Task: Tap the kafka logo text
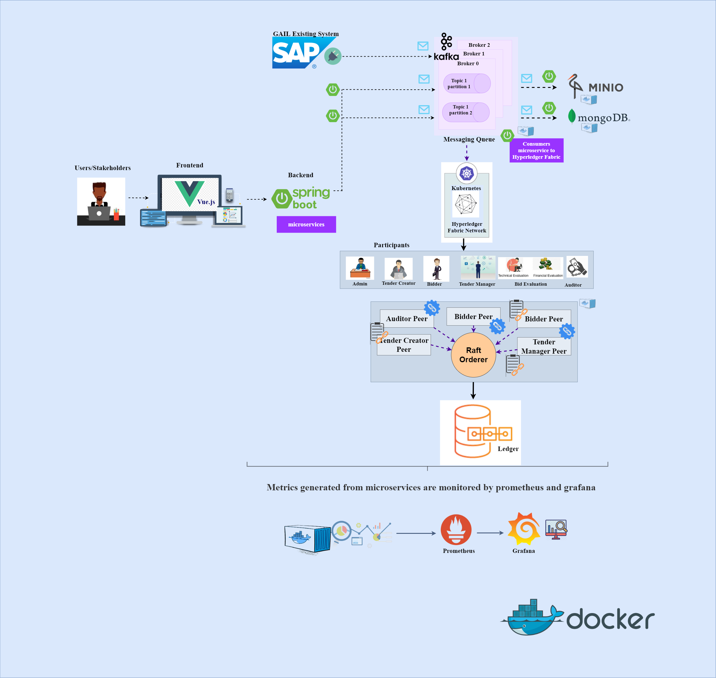tap(446, 57)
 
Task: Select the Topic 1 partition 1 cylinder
tap(467, 83)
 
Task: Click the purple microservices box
tap(306, 224)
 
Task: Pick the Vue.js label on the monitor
tap(206, 202)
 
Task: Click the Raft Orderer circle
tap(473, 355)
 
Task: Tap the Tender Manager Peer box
tap(543, 346)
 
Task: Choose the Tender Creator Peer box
tap(404, 345)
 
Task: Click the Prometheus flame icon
tap(456, 529)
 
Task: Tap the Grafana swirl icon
tap(524, 528)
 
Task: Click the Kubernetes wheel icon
tap(466, 173)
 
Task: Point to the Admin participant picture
tap(360, 268)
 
